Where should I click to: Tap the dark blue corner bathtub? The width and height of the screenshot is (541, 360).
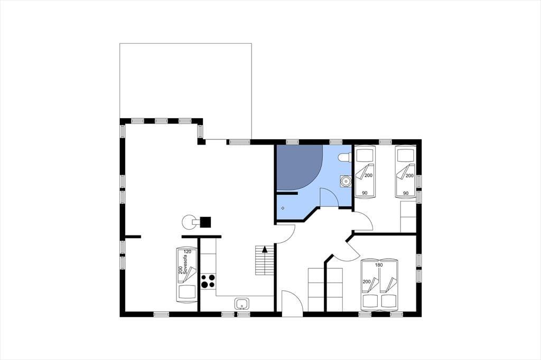point(300,167)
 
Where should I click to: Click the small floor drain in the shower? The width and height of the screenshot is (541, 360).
point(283,209)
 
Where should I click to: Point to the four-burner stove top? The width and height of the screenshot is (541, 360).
point(208,281)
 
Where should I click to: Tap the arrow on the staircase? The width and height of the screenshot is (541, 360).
point(265,249)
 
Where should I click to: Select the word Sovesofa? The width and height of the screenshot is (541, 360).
point(185,266)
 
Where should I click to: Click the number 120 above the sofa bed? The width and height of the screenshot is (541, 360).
point(188,252)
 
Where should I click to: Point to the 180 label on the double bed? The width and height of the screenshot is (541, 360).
point(379,265)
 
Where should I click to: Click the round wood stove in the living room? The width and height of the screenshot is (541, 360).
point(189,222)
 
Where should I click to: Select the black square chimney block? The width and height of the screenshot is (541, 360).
point(206,222)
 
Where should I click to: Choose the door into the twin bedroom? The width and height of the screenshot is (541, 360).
point(363,221)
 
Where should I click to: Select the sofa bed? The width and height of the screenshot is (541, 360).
point(187,275)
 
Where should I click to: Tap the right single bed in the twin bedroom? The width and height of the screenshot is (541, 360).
point(405,172)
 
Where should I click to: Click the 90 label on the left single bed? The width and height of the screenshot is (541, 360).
point(365,193)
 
